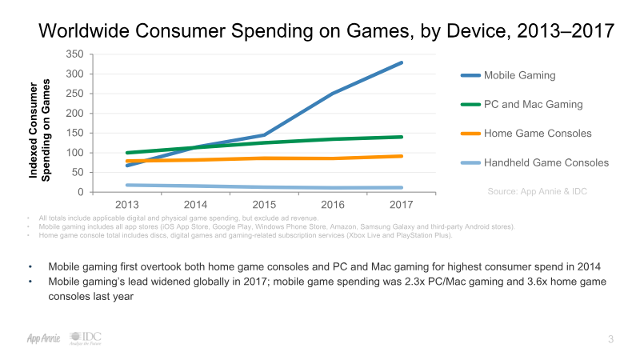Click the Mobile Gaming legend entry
[519, 76]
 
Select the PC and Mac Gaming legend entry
[533, 105]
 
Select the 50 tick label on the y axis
[77, 173]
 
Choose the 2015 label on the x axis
[264, 205]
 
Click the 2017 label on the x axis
[401, 205]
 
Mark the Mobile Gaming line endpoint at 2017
[401, 62]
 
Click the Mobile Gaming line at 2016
[333, 94]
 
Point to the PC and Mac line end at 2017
[401, 137]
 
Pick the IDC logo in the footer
[85, 338]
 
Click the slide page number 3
[610, 340]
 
